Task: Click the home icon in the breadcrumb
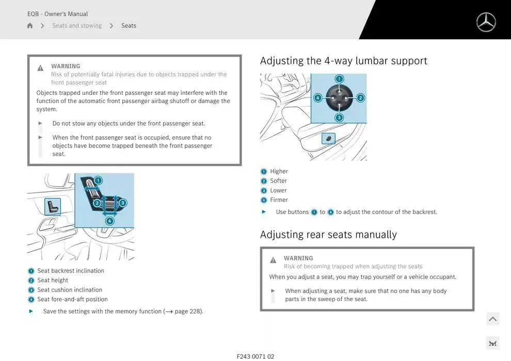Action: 30,26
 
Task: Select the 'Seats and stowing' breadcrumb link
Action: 77,26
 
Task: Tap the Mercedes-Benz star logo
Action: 486,23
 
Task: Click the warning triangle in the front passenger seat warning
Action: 40,68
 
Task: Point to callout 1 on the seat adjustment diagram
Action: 98,180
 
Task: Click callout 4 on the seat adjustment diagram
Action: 110,221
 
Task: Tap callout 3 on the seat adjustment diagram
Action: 122,203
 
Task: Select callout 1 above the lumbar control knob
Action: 339,79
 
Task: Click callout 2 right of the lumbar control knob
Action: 360,98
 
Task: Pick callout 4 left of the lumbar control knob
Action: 318,97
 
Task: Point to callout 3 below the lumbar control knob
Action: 339,118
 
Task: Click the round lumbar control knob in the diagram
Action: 339,97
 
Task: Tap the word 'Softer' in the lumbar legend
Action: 278,181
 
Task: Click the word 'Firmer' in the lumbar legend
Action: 279,200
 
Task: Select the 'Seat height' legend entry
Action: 53,280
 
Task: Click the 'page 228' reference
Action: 188,311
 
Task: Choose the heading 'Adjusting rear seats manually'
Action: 328,235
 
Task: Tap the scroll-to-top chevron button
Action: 493,319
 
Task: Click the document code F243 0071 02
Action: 255,356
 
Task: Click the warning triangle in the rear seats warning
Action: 273,260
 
